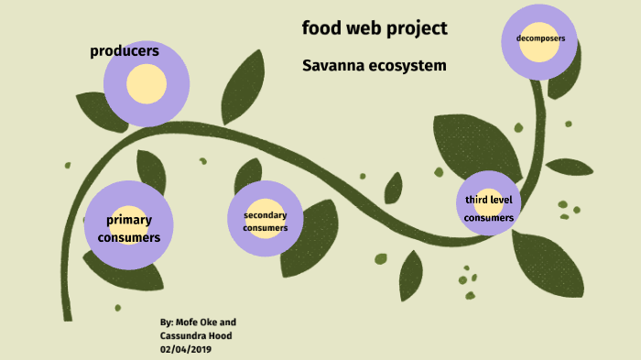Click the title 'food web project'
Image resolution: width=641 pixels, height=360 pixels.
tap(375, 28)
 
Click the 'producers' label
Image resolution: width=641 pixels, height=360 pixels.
tap(125, 51)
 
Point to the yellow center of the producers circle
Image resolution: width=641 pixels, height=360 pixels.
tap(147, 85)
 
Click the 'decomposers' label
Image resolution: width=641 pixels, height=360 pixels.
tap(540, 38)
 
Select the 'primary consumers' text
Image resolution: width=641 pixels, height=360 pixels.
tap(129, 228)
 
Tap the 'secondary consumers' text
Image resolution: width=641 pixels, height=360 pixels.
tap(266, 221)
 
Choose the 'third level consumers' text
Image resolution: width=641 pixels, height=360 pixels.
tap(488, 209)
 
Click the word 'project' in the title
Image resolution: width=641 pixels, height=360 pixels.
tap(416, 29)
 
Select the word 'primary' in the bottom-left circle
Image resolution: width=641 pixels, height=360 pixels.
tap(129, 220)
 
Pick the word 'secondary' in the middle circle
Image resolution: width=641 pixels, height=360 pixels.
tap(266, 214)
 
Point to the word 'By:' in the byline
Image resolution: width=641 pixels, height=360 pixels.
tap(167, 322)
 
